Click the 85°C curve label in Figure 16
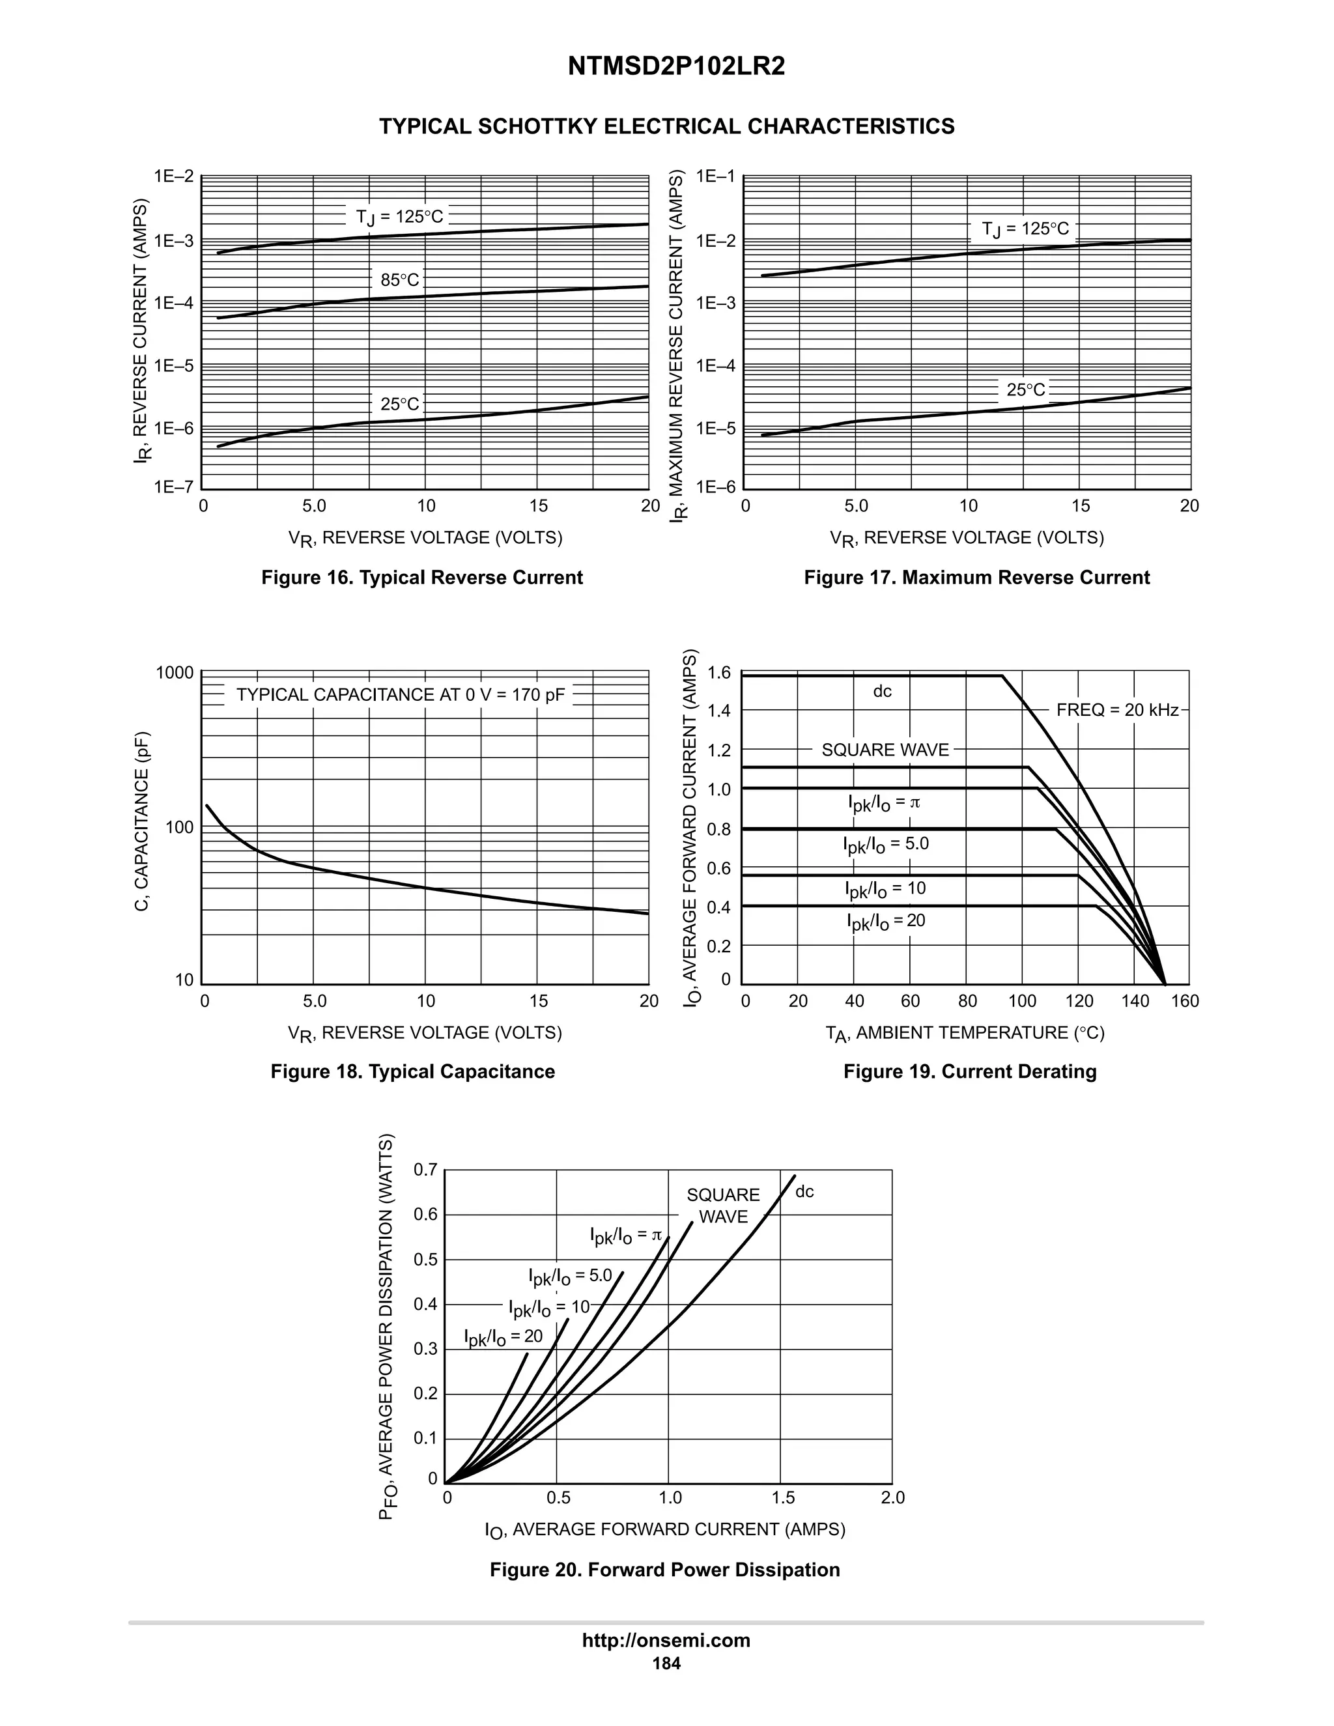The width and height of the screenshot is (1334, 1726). (400, 280)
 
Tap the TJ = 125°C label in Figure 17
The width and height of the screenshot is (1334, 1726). (1025, 229)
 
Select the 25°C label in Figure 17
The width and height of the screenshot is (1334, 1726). (1025, 389)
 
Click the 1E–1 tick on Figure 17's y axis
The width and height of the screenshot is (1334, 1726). (715, 177)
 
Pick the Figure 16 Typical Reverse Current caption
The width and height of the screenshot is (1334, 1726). (422, 578)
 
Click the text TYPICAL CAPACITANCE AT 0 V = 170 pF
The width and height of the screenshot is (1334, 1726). (401, 695)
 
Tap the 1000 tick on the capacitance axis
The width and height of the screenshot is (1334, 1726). (175, 673)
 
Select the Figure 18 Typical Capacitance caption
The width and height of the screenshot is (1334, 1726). (412, 1071)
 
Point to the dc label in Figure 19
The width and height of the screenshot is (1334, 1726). (882, 692)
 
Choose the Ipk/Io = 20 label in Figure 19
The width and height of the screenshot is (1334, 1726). (886, 922)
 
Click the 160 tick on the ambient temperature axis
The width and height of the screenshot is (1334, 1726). (1185, 1001)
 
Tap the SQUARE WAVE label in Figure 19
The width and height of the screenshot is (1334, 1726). (885, 750)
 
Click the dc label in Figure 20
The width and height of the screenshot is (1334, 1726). (804, 1192)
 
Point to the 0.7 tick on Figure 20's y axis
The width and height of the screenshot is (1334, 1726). (425, 1170)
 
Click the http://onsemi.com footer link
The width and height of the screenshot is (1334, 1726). (666, 1640)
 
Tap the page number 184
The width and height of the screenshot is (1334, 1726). (666, 1663)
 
